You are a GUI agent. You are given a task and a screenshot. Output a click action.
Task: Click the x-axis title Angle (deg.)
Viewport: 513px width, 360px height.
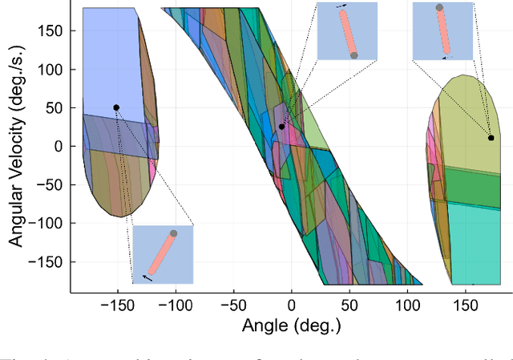click(292, 326)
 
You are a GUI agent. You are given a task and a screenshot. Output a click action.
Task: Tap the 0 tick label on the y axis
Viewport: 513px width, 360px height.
click(59, 146)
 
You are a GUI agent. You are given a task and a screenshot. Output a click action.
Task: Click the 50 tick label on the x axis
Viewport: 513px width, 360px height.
click(349, 305)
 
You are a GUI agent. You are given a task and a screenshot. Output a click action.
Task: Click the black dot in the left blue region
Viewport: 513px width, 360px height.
click(116, 107)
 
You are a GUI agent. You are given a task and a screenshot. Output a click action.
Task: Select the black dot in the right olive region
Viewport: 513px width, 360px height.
click(491, 138)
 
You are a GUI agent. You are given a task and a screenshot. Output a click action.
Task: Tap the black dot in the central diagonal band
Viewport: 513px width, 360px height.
click(281, 127)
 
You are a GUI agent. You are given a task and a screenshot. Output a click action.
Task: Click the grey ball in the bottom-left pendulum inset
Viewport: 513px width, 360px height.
click(173, 234)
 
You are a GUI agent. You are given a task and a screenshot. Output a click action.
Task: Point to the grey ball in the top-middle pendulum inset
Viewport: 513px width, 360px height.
click(353, 55)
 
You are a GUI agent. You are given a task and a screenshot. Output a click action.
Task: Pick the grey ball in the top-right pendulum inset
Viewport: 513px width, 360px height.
click(439, 7)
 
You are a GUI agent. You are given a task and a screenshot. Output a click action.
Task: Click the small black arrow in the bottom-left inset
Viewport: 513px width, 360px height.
click(148, 277)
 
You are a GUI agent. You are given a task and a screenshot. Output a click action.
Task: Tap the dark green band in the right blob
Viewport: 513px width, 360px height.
click(477, 186)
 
